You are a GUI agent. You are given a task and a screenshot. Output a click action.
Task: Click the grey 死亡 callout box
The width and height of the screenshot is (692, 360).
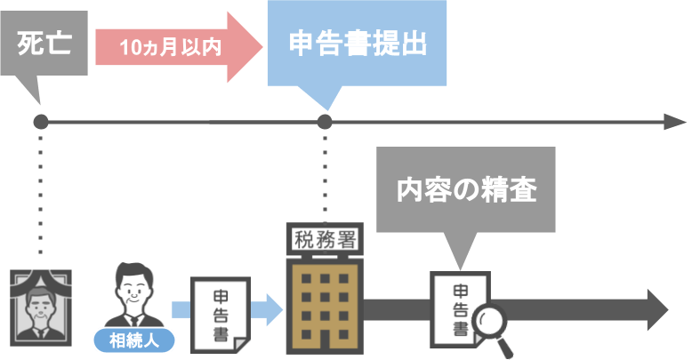pos(44,43)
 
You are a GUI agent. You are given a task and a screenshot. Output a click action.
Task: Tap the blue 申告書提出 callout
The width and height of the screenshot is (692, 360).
pos(355,43)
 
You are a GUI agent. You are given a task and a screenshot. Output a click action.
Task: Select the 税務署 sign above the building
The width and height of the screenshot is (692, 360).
pos(323,237)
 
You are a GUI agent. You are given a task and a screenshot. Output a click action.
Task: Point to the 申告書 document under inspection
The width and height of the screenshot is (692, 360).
pos(459,310)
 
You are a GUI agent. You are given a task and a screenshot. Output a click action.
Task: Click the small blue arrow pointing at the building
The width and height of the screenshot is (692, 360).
pos(267,309)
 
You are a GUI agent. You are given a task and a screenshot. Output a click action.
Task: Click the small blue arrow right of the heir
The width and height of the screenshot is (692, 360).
pos(181,309)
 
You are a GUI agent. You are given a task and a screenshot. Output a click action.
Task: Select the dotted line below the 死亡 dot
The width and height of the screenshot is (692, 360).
pos(40,196)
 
